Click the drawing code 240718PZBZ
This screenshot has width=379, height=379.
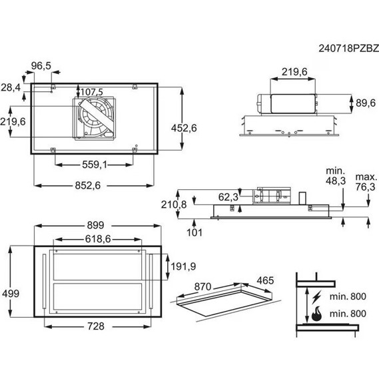348,49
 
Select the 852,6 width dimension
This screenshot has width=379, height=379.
88,186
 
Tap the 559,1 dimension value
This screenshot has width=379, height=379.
95,165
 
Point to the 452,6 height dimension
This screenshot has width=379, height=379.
184,128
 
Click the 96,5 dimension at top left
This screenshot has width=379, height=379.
41,66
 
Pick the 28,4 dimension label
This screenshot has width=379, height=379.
11,87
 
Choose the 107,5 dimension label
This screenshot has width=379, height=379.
92,92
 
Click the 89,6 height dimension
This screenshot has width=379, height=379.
366,103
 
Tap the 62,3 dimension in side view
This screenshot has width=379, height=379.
228,197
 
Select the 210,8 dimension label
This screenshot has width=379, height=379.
174,204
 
